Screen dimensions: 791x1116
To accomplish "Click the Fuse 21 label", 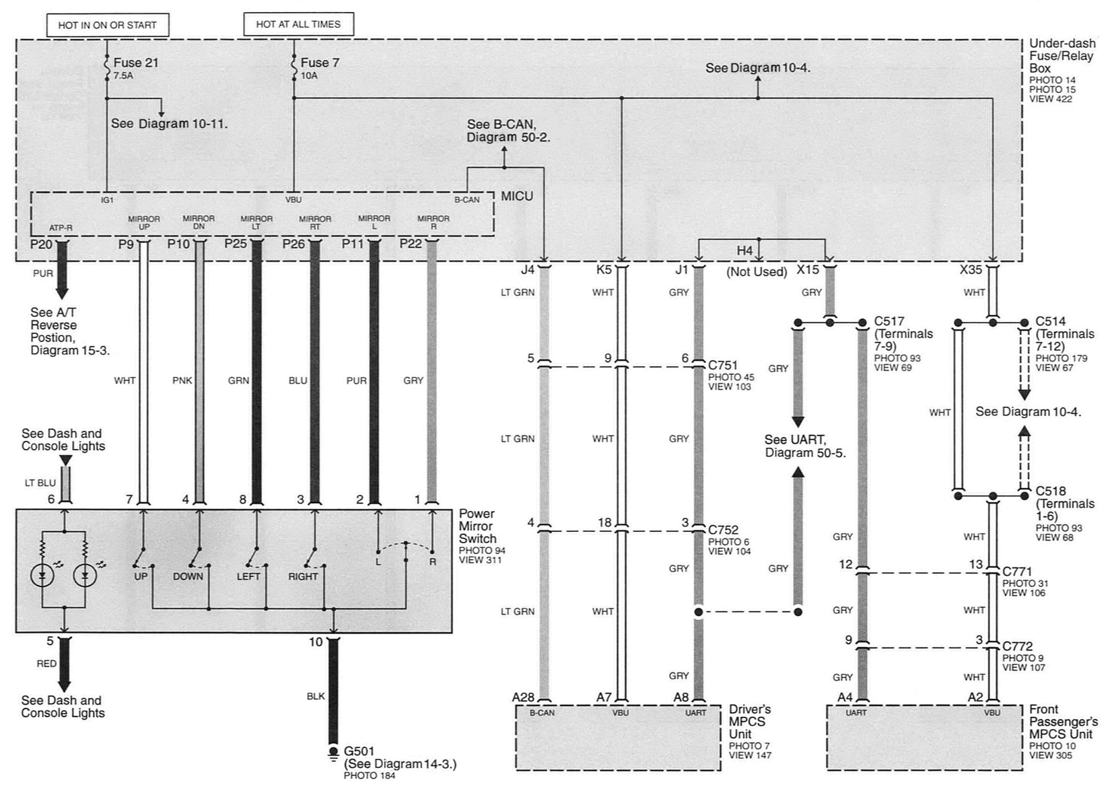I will (x=136, y=63).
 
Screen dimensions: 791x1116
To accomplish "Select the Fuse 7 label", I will (x=320, y=63).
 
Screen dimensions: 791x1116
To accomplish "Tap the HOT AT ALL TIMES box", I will (x=298, y=24).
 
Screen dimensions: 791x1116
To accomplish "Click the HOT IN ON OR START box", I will (x=107, y=25).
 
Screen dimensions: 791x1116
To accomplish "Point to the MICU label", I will (x=517, y=196).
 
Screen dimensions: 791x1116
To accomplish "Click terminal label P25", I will (x=236, y=243).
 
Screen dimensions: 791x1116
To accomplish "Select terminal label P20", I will (x=41, y=244).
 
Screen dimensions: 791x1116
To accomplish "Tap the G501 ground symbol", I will (x=333, y=752).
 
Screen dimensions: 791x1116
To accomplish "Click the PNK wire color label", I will (x=182, y=380).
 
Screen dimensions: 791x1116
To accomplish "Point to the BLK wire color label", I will (x=315, y=696).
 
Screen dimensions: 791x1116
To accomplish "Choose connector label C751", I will (x=723, y=365).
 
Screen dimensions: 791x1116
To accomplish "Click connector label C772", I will (x=1017, y=646).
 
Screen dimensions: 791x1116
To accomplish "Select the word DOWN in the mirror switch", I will (x=187, y=577).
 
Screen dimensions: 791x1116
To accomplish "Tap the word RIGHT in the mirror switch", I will (x=302, y=577).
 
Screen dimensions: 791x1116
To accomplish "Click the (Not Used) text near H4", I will (x=757, y=272).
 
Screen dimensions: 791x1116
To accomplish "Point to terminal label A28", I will (x=523, y=697).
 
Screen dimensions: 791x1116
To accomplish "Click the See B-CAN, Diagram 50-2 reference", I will (x=508, y=131).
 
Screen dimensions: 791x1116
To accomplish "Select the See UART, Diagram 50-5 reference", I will (x=805, y=446).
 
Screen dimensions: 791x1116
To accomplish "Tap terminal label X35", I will (x=970, y=269).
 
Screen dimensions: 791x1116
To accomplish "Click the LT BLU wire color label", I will (x=40, y=483).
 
